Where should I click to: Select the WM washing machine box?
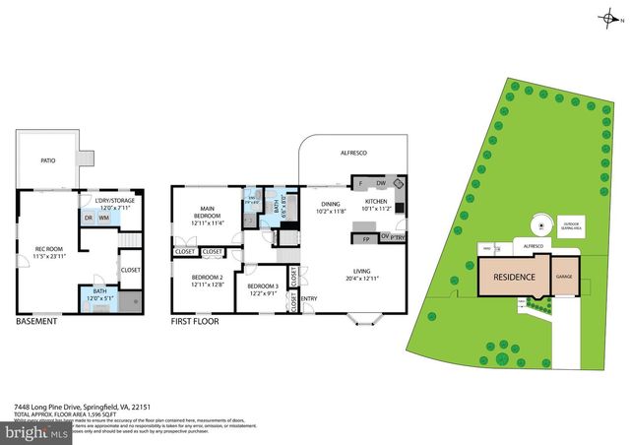[x=103, y=218]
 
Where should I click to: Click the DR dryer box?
[x=88, y=218]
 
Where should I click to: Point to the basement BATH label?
[x=101, y=292]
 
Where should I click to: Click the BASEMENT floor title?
[x=36, y=322]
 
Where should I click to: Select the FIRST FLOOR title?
[x=195, y=322]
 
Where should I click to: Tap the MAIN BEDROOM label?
[x=207, y=212]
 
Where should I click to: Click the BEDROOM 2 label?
[x=207, y=280]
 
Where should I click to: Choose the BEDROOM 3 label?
[x=263, y=287]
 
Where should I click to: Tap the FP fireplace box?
[x=365, y=238]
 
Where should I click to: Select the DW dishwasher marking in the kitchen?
[x=380, y=184]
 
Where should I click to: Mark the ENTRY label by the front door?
[x=309, y=299]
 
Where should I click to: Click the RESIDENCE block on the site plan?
[x=514, y=277]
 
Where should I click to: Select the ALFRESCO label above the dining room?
[x=352, y=153]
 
